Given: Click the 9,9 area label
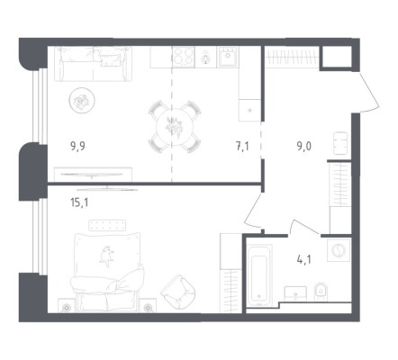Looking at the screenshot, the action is coord(77,147).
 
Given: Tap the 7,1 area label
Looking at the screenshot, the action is coord(242,147).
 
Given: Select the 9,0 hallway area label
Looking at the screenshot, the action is coord(304,147).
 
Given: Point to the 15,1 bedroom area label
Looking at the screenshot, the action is coord(79,203).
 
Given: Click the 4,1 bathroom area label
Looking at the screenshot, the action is coord(304,259).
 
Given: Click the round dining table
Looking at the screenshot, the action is coord(175,127).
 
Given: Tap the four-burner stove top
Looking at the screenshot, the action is coord(184,57).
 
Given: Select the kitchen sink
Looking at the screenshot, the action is coord(228,57).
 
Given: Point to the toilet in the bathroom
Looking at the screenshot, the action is coord(321,292).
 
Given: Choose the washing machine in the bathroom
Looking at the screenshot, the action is coord(339,250).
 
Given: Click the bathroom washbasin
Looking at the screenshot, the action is coord(295,293).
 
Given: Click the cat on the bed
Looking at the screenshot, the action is coord(106,256).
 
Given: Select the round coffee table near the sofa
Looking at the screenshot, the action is coord(82,100).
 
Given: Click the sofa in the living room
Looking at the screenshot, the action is coord(93,64).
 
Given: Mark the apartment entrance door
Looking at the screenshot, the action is coord(369,92).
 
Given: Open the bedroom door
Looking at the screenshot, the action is coord(253,211).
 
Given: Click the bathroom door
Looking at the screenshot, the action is coord(303,227).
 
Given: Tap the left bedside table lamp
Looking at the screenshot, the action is coord(67,307).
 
